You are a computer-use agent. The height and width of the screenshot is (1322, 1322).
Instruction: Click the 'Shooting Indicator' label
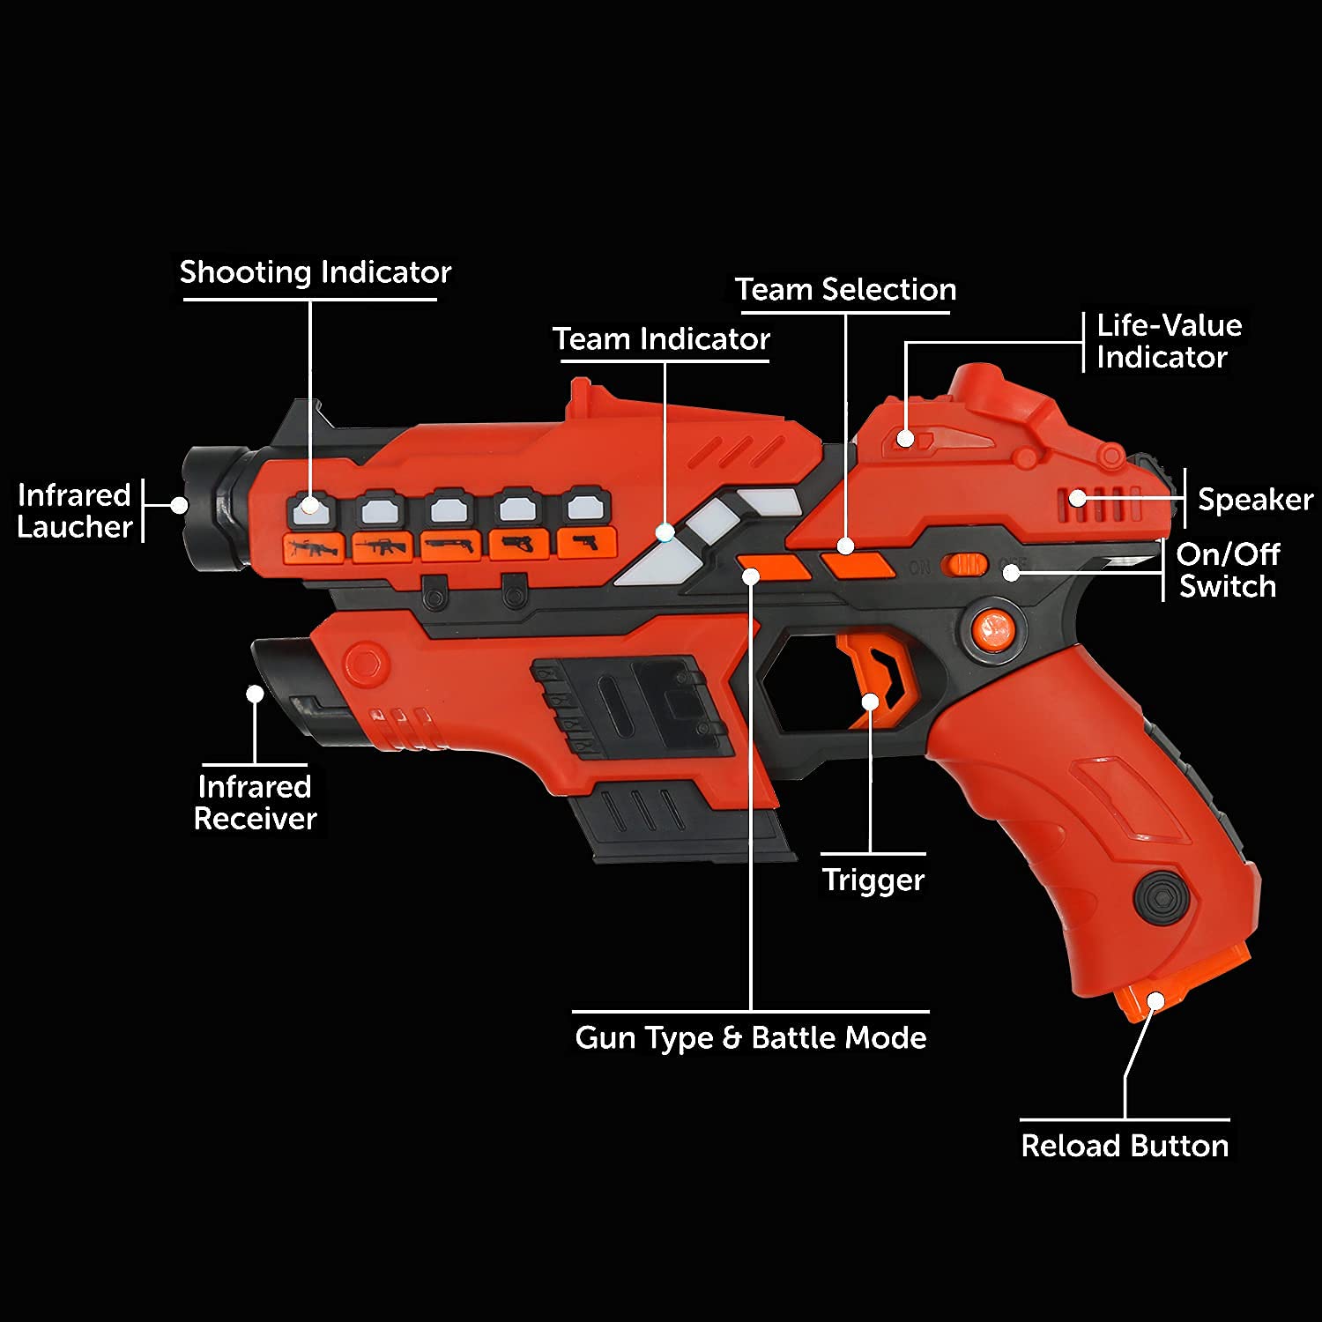click(315, 272)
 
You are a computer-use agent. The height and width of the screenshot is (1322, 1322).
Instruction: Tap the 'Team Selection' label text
click(845, 290)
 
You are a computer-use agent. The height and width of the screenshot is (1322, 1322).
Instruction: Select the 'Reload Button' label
click(1125, 1146)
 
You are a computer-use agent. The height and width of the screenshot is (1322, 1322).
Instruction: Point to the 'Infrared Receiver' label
click(255, 803)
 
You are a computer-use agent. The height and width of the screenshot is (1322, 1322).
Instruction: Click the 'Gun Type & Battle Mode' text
click(750, 1037)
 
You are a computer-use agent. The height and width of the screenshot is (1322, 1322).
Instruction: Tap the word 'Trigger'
click(873, 880)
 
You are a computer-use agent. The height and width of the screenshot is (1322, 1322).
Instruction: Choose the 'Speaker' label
click(1255, 500)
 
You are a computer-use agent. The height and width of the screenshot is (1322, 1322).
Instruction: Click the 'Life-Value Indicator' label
click(1169, 341)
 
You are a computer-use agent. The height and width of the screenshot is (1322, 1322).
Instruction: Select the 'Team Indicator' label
click(661, 339)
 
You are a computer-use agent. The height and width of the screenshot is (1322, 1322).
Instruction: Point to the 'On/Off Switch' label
click(1228, 570)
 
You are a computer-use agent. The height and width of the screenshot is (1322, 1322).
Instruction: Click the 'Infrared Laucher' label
click(75, 511)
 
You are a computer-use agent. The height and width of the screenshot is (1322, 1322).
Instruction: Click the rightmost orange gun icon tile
click(585, 542)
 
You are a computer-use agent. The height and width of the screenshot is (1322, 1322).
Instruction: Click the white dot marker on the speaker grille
click(1077, 499)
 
